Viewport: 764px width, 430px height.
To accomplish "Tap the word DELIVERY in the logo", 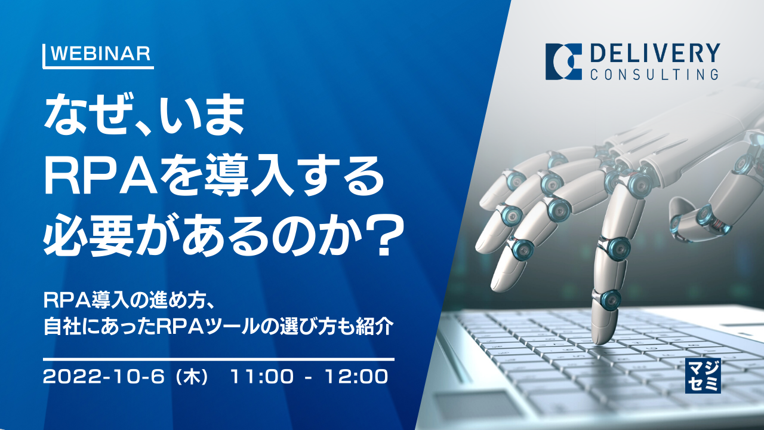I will (654, 54).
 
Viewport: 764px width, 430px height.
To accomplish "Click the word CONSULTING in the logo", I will (654, 74).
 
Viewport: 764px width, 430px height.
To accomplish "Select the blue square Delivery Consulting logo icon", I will (563, 62).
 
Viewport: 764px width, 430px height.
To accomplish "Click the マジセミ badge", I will (703, 376).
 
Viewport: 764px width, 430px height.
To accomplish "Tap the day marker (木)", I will (196, 376).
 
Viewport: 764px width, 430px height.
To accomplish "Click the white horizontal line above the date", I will (218, 359).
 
